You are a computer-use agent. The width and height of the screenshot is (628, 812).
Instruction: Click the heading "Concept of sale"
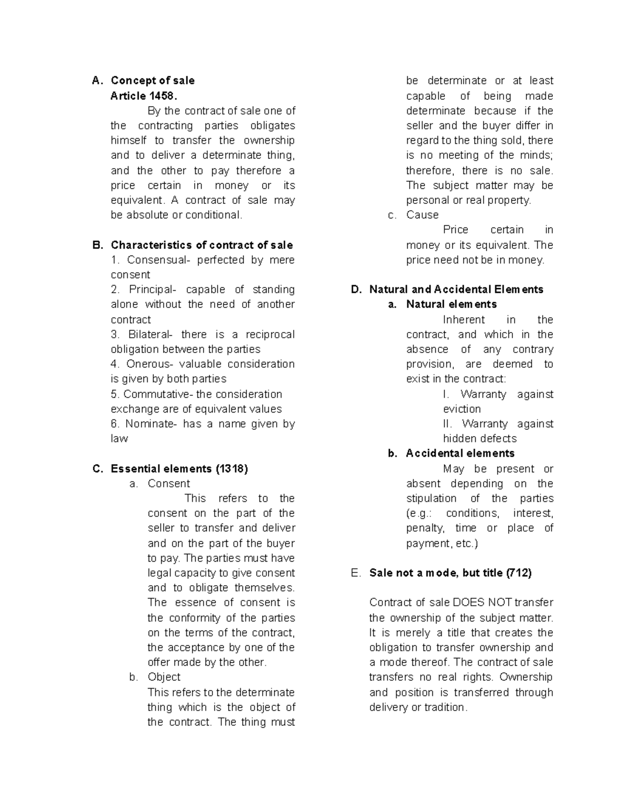(152, 81)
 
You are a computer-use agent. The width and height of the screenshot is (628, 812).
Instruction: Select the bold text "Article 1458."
(144, 96)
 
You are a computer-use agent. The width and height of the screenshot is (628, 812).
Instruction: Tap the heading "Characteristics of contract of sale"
(201, 245)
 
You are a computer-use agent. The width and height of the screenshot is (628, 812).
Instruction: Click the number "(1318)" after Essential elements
(231, 468)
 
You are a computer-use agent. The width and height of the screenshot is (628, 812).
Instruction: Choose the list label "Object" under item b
(164, 677)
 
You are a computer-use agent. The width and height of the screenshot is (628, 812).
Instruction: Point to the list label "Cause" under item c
(422, 215)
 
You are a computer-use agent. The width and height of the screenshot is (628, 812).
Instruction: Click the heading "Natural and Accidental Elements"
(456, 290)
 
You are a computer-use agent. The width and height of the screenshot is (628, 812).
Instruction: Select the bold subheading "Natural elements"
(451, 304)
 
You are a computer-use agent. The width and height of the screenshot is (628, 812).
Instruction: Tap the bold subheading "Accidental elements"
(460, 453)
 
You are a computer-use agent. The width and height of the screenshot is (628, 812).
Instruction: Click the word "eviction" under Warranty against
(462, 409)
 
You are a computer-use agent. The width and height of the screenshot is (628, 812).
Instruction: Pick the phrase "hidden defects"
(479, 439)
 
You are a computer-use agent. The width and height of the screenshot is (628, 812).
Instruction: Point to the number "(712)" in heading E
(519, 573)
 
